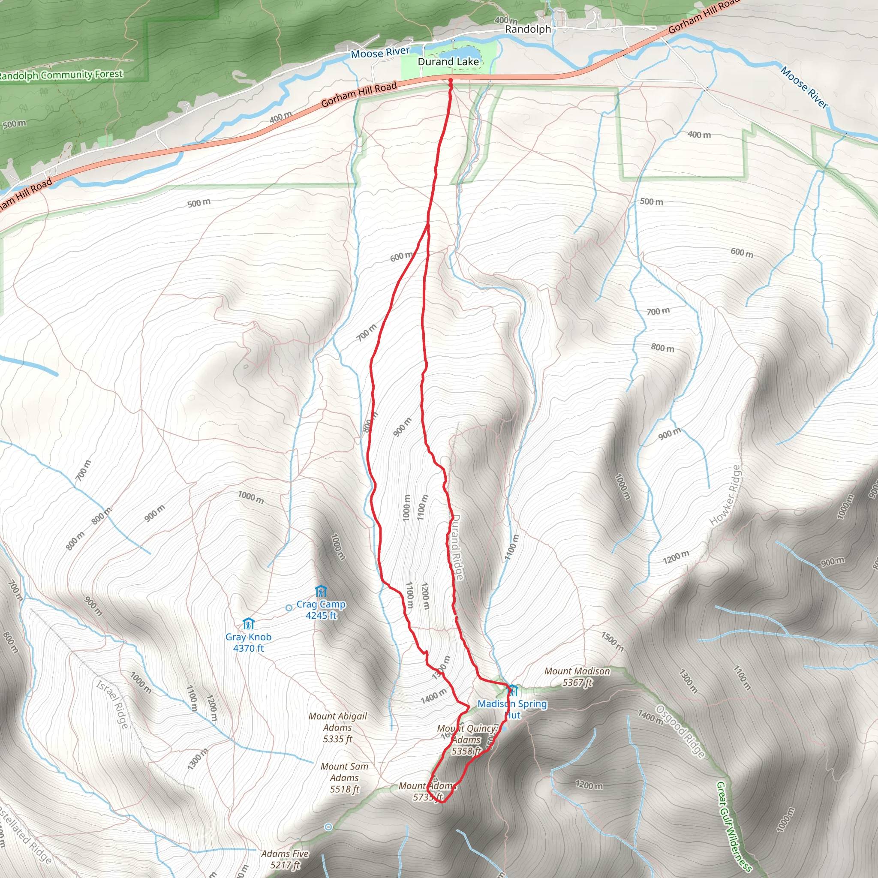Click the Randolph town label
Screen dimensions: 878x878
click(x=528, y=30)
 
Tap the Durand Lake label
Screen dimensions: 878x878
click(x=448, y=62)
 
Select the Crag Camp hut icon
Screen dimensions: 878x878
click(x=321, y=591)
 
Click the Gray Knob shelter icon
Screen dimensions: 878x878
click(x=248, y=623)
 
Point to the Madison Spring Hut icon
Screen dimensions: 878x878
click(x=513, y=690)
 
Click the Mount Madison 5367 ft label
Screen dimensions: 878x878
click(x=577, y=677)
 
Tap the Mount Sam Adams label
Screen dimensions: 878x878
click(x=345, y=778)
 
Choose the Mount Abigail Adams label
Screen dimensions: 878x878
click(x=338, y=728)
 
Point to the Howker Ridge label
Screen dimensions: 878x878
click(x=725, y=495)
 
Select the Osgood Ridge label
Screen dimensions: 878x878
click(x=680, y=732)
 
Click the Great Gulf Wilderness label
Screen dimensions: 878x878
click(x=733, y=830)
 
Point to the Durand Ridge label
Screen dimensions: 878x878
click(x=457, y=547)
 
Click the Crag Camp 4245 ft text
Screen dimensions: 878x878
click(x=321, y=610)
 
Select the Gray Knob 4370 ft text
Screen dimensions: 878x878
click(x=248, y=643)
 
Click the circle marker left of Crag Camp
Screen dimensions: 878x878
click(x=289, y=607)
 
